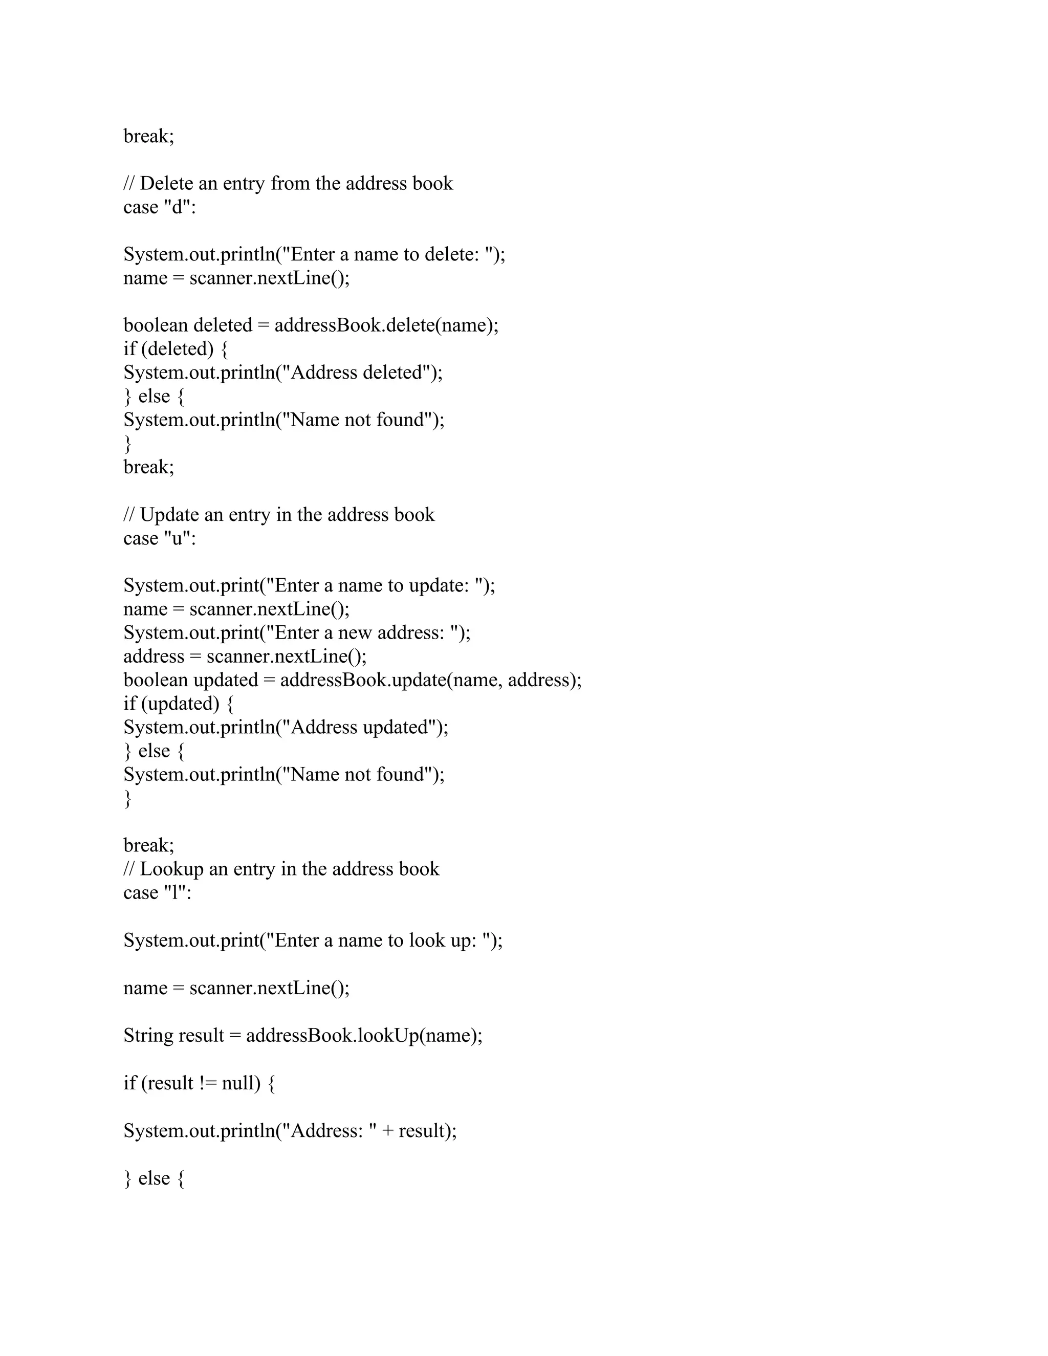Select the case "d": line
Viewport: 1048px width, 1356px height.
click(160, 207)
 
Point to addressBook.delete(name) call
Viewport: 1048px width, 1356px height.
click(385, 325)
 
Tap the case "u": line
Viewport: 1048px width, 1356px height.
click(160, 538)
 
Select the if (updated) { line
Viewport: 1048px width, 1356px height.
click(178, 704)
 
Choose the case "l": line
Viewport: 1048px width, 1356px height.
click(157, 893)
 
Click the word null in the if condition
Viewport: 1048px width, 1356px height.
click(237, 1083)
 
